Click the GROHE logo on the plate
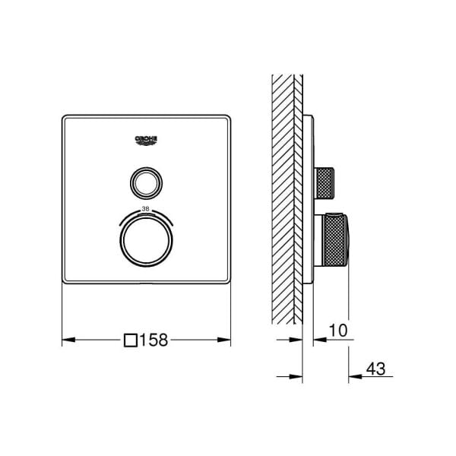146,140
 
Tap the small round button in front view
146,183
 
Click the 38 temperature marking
145,208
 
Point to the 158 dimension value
154,340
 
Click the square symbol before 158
131,340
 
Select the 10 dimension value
338,330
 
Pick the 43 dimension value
375,369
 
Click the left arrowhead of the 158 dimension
68,340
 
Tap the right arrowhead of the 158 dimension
224,340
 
